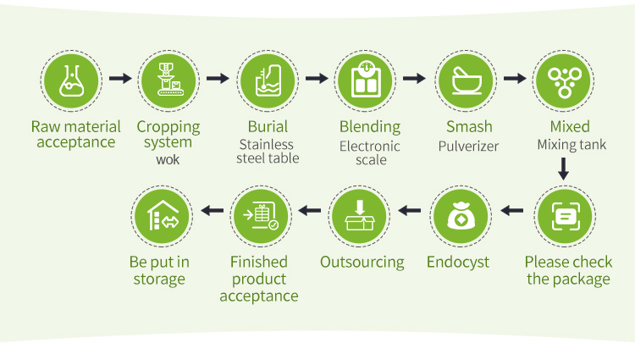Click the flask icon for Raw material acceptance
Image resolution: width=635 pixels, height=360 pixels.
71,81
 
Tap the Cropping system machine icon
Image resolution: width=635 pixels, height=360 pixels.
168,81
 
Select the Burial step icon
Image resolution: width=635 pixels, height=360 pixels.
268,81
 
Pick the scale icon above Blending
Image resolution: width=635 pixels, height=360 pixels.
365,81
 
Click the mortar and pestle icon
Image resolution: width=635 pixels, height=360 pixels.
467,81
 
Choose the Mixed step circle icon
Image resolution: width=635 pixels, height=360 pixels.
563,81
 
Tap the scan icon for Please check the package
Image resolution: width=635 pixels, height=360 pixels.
565,216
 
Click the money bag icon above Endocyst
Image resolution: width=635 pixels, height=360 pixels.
461,216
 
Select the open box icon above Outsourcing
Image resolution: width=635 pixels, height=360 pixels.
359,216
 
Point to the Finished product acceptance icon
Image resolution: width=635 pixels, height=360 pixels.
261,216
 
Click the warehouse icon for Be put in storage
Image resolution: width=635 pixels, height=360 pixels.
162,216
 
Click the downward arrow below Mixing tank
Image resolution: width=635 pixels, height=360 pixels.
563,169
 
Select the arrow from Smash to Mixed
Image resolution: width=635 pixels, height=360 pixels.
515,78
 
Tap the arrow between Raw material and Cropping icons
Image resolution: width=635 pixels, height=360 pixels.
120,78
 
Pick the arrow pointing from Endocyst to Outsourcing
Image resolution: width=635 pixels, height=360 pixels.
410,211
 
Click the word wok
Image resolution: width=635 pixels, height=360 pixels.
168,159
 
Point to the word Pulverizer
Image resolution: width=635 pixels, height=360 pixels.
468,146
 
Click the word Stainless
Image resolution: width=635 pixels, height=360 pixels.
266,144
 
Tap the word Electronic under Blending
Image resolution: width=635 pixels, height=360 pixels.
370,146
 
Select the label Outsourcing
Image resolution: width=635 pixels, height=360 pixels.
362,263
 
